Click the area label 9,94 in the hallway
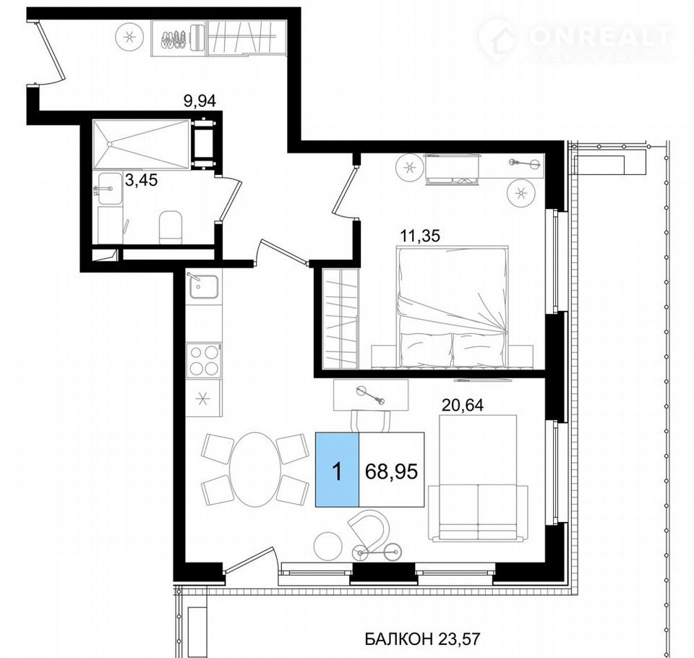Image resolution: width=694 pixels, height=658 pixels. point(200,101)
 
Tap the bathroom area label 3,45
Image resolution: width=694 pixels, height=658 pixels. point(141,180)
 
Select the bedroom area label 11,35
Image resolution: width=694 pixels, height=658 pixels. point(420,236)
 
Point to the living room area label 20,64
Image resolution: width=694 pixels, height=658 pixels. point(463,405)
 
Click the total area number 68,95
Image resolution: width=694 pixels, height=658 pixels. point(391,471)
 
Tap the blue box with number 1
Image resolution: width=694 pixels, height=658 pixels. point(337,469)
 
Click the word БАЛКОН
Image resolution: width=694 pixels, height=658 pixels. point(399,639)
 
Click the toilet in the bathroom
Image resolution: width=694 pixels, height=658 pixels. point(171,227)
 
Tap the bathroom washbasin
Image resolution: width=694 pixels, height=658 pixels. point(109,189)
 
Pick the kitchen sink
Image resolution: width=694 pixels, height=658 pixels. point(204,286)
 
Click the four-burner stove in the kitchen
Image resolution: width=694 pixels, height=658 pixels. point(204,359)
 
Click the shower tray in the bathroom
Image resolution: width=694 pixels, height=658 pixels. point(141,143)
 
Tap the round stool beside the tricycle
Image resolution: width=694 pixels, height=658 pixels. point(328,546)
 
